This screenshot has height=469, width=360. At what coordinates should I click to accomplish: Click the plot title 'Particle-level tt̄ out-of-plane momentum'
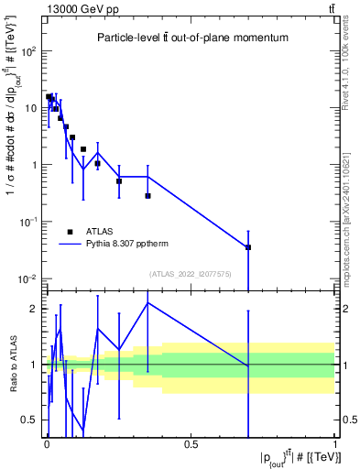pos(191,38)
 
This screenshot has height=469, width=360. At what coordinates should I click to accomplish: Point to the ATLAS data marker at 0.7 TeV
pos(248,247)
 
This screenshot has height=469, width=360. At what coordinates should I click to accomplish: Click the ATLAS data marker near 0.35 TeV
pos(147,196)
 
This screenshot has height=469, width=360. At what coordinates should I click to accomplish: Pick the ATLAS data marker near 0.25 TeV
pos(119,181)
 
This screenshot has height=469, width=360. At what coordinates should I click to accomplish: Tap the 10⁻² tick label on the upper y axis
pos(26,278)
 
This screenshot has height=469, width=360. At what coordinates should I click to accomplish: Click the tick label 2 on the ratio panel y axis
pos(34,309)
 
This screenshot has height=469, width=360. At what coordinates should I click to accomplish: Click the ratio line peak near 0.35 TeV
pos(147,303)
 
